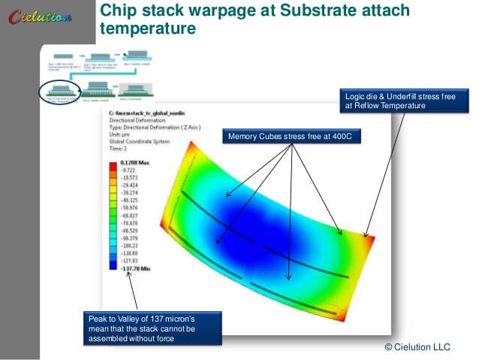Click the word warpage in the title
coord(206,11)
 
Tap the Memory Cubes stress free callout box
coord(287,137)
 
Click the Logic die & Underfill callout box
coord(396,101)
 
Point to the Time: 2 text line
coord(121,150)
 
